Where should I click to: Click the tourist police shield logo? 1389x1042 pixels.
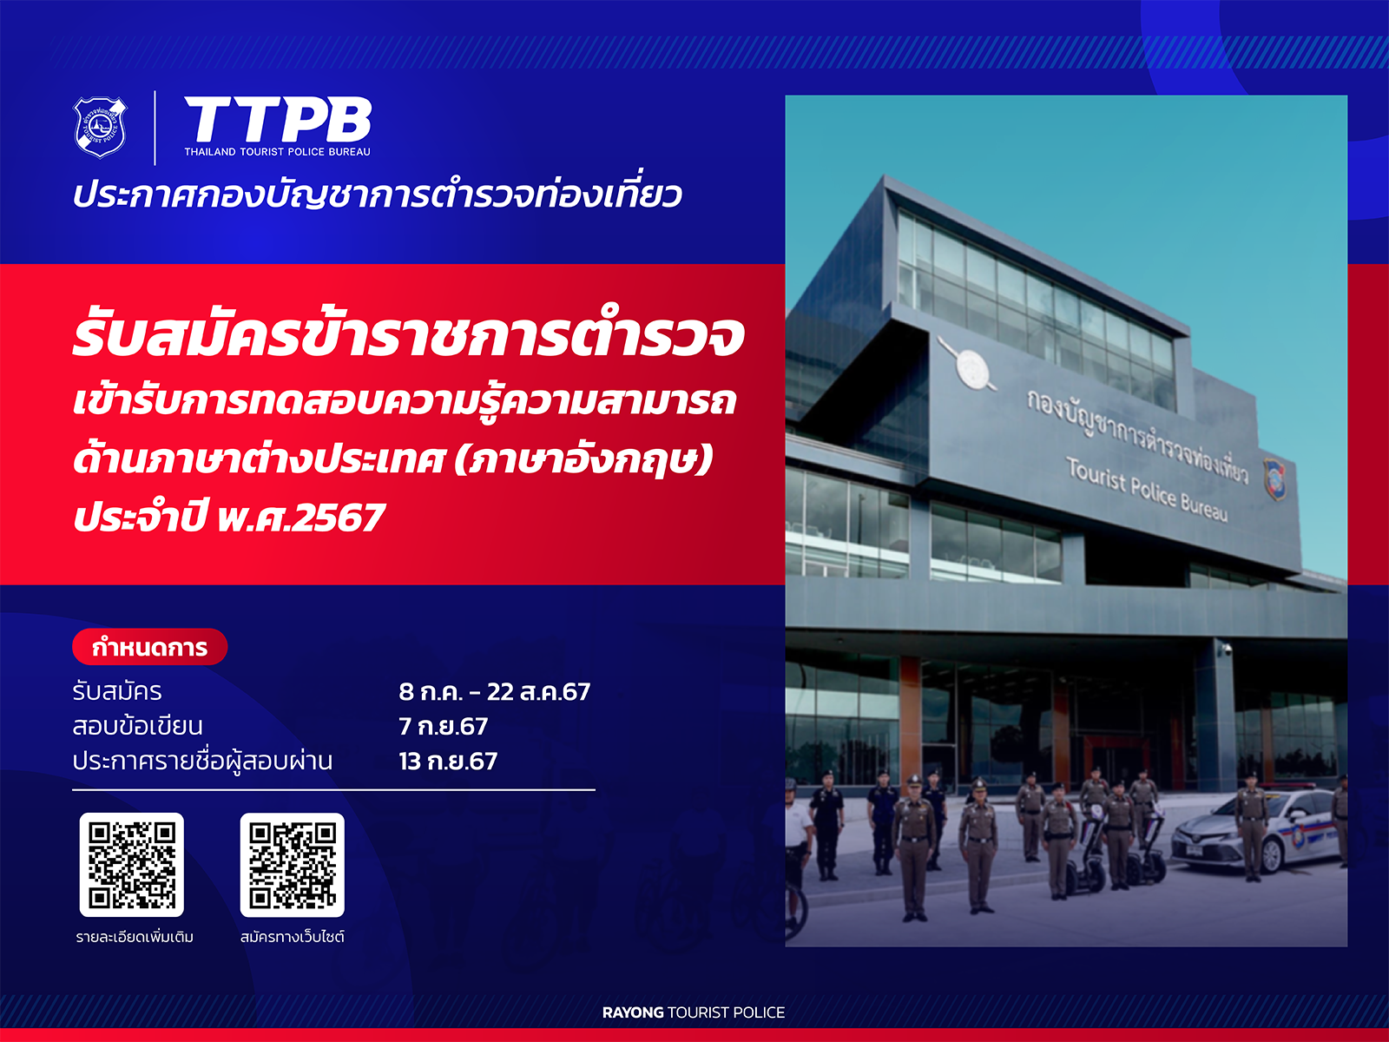[x=100, y=127]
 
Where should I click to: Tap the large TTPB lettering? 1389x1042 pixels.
[x=278, y=120]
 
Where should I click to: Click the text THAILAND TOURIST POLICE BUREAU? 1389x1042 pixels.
[x=277, y=152]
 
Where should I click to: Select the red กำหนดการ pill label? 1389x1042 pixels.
[x=150, y=647]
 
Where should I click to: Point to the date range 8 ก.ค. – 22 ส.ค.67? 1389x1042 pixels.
[x=494, y=691]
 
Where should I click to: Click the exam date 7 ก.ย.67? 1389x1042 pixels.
[x=443, y=726]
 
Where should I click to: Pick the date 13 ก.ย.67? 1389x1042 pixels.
[x=448, y=762]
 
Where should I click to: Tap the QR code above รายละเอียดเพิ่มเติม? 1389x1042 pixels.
[x=132, y=865]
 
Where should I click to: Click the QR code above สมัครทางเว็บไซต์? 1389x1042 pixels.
[x=293, y=865]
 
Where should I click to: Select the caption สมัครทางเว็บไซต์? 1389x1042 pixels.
[x=293, y=936]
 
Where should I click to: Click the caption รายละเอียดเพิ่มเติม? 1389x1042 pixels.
[x=135, y=936]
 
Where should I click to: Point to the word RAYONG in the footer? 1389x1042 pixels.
[x=633, y=1012]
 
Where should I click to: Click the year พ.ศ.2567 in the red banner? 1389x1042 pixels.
[x=300, y=518]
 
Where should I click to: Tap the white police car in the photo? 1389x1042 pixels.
[x=1257, y=829]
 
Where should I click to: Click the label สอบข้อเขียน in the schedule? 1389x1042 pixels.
[x=137, y=726]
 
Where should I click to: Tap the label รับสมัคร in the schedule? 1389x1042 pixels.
[x=117, y=691]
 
